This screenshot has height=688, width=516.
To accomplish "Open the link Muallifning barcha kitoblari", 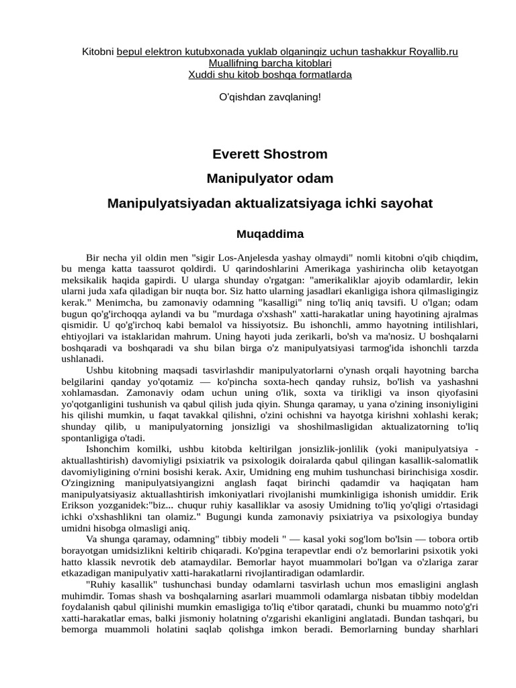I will tap(270, 63).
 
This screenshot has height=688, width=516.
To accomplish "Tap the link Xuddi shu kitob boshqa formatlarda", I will tap(270, 75).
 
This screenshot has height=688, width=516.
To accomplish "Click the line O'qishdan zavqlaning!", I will tap(270, 97).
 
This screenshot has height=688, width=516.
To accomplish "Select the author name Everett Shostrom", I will tap(270, 155).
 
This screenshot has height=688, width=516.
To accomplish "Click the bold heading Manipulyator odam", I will tap(270, 179).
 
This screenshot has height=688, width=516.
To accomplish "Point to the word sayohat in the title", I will tap(407, 203).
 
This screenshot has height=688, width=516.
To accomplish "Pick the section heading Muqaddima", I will tap(270, 234).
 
